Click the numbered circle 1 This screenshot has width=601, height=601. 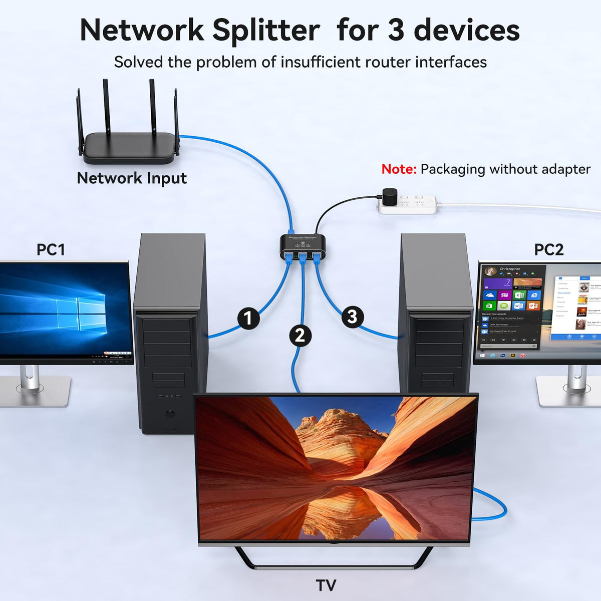(x=248, y=319)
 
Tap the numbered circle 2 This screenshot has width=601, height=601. (x=300, y=335)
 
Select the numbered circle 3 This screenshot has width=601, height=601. (x=353, y=317)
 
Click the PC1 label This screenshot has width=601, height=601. (x=51, y=249)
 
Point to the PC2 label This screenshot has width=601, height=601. (x=549, y=249)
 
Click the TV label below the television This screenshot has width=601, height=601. (x=326, y=585)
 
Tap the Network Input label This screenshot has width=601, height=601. (x=132, y=178)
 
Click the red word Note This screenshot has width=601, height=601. (x=399, y=169)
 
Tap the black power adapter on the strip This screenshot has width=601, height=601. (x=390, y=197)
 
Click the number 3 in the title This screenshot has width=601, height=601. (x=396, y=30)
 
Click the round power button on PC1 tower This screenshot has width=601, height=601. (x=171, y=414)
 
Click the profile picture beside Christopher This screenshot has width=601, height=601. (x=491, y=270)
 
